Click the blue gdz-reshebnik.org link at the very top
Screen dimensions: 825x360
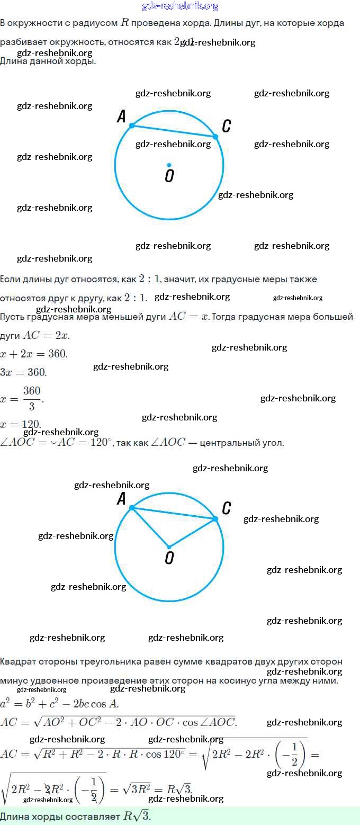click(180, 6)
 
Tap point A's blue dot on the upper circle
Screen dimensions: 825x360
click(132, 125)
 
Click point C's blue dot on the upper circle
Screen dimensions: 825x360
click(215, 137)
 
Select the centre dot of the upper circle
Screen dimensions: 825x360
click(169, 164)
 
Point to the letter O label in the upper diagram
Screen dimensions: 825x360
click(169, 176)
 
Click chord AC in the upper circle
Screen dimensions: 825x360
click(174, 131)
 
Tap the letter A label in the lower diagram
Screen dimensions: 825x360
click(122, 499)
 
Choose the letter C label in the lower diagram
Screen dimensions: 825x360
click(227, 508)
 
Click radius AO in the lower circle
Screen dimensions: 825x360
click(150, 527)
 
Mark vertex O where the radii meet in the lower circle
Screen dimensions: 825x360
click(169, 547)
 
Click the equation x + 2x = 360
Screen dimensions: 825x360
click(34, 354)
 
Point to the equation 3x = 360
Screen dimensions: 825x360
click(23, 372)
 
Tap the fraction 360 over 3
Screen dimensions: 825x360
click(32, 398)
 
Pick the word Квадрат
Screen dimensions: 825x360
click(19, 661)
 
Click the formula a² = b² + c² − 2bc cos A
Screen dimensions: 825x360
click(59, 704)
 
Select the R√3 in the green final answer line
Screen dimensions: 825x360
click(137, 816)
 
